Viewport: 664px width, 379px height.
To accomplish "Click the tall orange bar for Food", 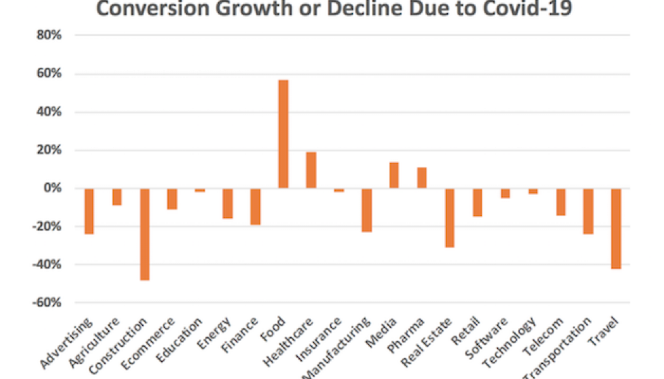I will pyautogui.click(x=283, y=134).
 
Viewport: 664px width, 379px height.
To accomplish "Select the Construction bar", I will pyautogui.click(x=144, y=234).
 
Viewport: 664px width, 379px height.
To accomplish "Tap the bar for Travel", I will pyautogui.click(x=616, y=229).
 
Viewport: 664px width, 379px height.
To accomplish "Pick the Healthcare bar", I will pyautogui.click(x=310, y=170).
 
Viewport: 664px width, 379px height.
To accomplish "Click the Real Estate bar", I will pyautogui.click(x=450, y=217).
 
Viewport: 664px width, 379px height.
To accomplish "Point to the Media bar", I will pyautogui.click(x=394, y=175).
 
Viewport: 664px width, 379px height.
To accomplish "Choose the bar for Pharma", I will pyautogui.click(x=422, y=177).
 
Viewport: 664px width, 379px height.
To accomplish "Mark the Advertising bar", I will pyautogui.click(x=89, y=211).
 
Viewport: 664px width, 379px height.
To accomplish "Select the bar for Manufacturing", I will pyautogui.click(x=366, y=210).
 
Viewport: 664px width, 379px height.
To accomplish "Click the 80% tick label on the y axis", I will pyautogui.click(x=49, y=36).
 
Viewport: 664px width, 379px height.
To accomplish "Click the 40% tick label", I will pyautogui.click(x=49, y=112).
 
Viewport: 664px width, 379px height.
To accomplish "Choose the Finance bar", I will pyautogui.click(x=255, y=207).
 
